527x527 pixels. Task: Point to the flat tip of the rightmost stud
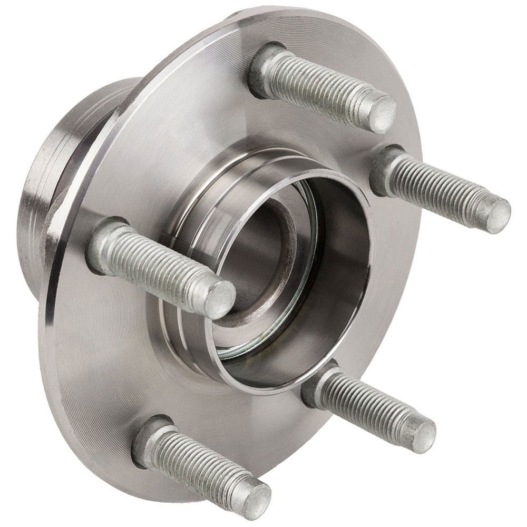(x=497, y=215)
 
